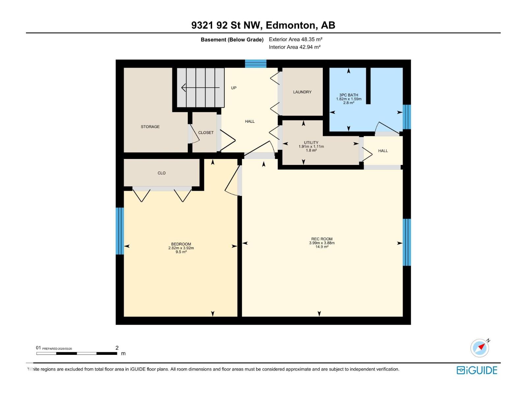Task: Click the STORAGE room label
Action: point(150,127)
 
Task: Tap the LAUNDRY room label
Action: point(302,92)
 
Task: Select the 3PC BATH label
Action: point(348,95)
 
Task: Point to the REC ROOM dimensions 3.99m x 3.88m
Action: point(321,243)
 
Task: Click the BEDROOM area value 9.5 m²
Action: point(181,252)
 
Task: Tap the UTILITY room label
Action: point(311,143)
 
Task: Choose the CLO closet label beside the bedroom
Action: point(161,173)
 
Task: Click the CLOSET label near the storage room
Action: point(206,133)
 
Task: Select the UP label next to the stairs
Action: point(234,88)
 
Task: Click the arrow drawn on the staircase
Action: point(200,88)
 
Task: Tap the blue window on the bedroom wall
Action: point(120,231)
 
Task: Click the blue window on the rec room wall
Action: point(407,242)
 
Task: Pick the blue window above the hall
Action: point(256,64)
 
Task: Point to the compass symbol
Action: point(480,348)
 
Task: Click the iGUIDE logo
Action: point(477,370)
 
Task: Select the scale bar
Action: point(77,354)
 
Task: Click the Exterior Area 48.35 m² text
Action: point(295,39)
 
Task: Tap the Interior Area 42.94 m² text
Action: point(294,47)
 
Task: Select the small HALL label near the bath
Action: point(383,151)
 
